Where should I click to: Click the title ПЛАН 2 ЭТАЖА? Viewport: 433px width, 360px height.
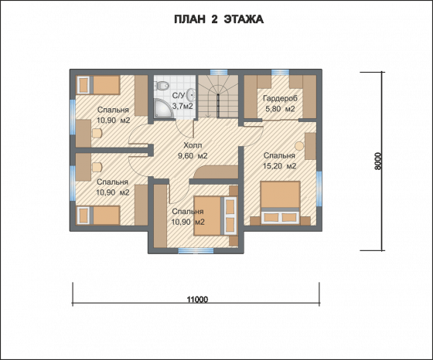pos(219,19)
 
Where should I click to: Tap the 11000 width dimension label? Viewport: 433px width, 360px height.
pos(197,300)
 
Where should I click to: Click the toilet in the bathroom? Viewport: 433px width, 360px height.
pos(162,86)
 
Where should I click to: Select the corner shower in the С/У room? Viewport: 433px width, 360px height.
pos(162,109)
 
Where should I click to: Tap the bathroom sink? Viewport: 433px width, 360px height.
pos(191,96)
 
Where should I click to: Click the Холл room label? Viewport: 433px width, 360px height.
pos(193,145)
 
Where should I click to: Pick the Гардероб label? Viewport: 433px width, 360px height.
pos(280,98)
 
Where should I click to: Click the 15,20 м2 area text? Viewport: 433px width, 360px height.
pos(280,166)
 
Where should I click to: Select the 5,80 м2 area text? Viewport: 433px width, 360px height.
pos(280,109)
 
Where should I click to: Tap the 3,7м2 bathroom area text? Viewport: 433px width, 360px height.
pos(182,106)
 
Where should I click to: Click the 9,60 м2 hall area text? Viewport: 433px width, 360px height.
pos(193,156)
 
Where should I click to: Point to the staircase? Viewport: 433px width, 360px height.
pos(218,97)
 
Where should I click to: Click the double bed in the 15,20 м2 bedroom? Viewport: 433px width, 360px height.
pos(280,202)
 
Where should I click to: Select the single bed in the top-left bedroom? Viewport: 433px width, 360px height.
pos(98,85)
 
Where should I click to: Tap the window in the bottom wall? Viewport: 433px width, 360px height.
pos(196,251)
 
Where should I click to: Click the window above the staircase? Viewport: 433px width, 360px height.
pos(219,72)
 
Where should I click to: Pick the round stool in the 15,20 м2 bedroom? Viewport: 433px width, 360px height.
pos(299,146)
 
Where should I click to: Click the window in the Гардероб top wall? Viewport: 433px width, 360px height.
pos(280,72)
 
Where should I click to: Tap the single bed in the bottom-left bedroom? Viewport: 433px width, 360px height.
pos(98,216)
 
